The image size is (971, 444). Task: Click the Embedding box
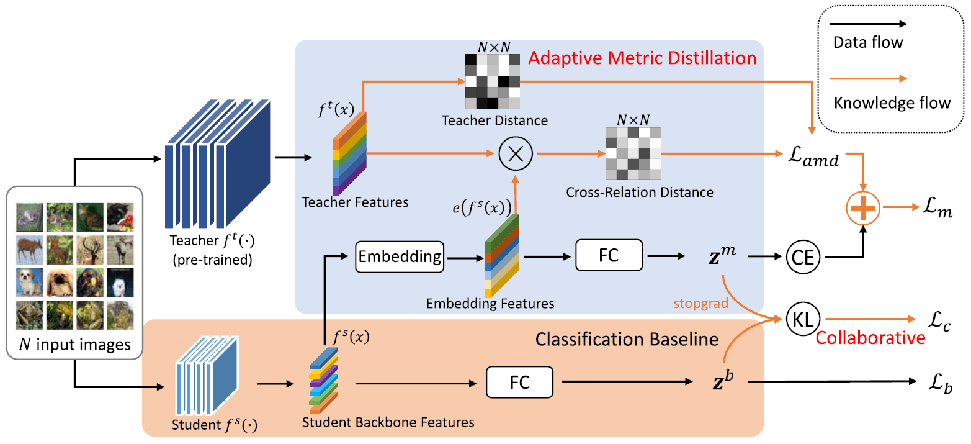400,256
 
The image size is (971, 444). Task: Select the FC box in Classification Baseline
519,383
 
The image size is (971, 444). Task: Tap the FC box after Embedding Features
609,256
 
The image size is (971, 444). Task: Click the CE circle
804,256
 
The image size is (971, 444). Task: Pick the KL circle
804,319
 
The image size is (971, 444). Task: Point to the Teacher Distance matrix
491,81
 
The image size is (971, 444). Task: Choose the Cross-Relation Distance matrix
633,155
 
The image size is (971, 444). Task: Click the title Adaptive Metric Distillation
642,59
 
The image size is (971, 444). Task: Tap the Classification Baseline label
627,339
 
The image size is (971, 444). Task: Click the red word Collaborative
870,338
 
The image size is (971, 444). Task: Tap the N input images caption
75,343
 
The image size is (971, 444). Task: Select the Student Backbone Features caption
388,422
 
